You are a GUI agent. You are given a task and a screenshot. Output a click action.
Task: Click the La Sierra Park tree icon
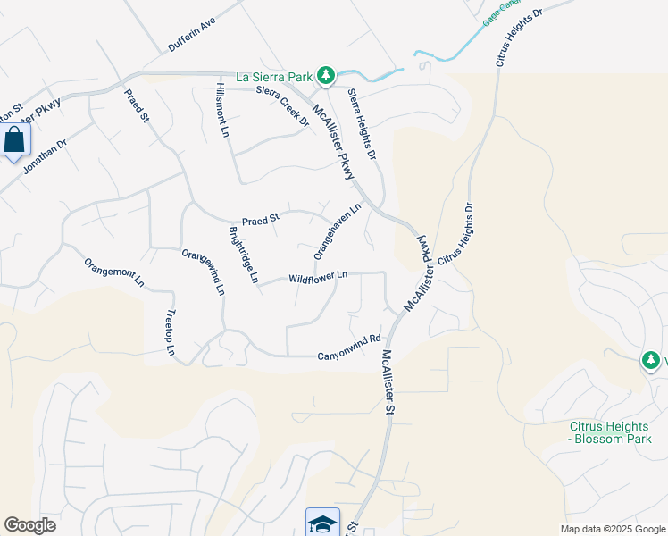pos(328,74)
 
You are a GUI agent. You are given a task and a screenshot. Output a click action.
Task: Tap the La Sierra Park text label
pos(276,76)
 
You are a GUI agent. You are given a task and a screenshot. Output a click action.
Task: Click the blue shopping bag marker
pos(15,140)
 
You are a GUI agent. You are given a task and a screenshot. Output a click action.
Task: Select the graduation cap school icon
pos(322,523)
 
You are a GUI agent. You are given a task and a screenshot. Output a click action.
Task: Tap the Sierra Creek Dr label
pos(281,105)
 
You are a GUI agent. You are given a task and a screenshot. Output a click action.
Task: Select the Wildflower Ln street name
pos(318,278)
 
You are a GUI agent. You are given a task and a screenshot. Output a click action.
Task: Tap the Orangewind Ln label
pos(204,272)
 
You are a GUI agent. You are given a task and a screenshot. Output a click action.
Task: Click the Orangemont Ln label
pos(114,271)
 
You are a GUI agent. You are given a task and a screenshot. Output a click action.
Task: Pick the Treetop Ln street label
pos(171,332)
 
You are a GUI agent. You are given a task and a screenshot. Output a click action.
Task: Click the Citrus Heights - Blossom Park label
pos(611,432)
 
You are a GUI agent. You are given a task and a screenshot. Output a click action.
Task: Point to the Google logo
pos(30,525)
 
